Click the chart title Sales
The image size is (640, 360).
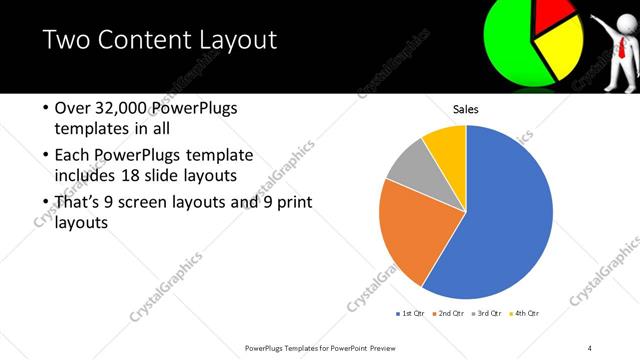point(466,109)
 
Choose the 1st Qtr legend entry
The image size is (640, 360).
point(410,314)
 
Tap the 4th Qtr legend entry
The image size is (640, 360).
point(525,314)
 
